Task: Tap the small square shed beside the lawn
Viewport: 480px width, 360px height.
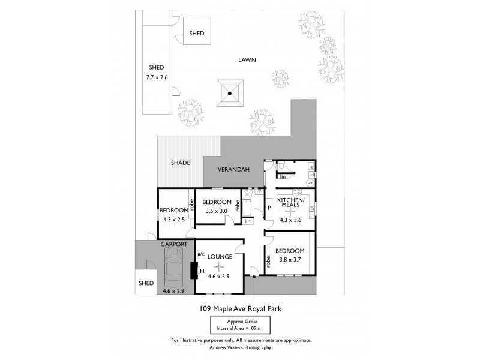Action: (196, 34)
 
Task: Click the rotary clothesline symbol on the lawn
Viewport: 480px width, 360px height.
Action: (229, 93)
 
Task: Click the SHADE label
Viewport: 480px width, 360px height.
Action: (179, 163)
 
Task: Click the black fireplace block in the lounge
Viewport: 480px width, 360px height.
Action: (194, 272)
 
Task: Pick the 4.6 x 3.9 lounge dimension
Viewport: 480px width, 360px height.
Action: (220, 277)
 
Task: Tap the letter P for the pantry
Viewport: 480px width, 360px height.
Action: (269, 208)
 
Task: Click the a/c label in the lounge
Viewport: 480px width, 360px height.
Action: (200, 254)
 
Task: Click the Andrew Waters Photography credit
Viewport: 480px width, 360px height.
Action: (240, 348)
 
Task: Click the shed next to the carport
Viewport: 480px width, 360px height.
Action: (146, 283)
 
